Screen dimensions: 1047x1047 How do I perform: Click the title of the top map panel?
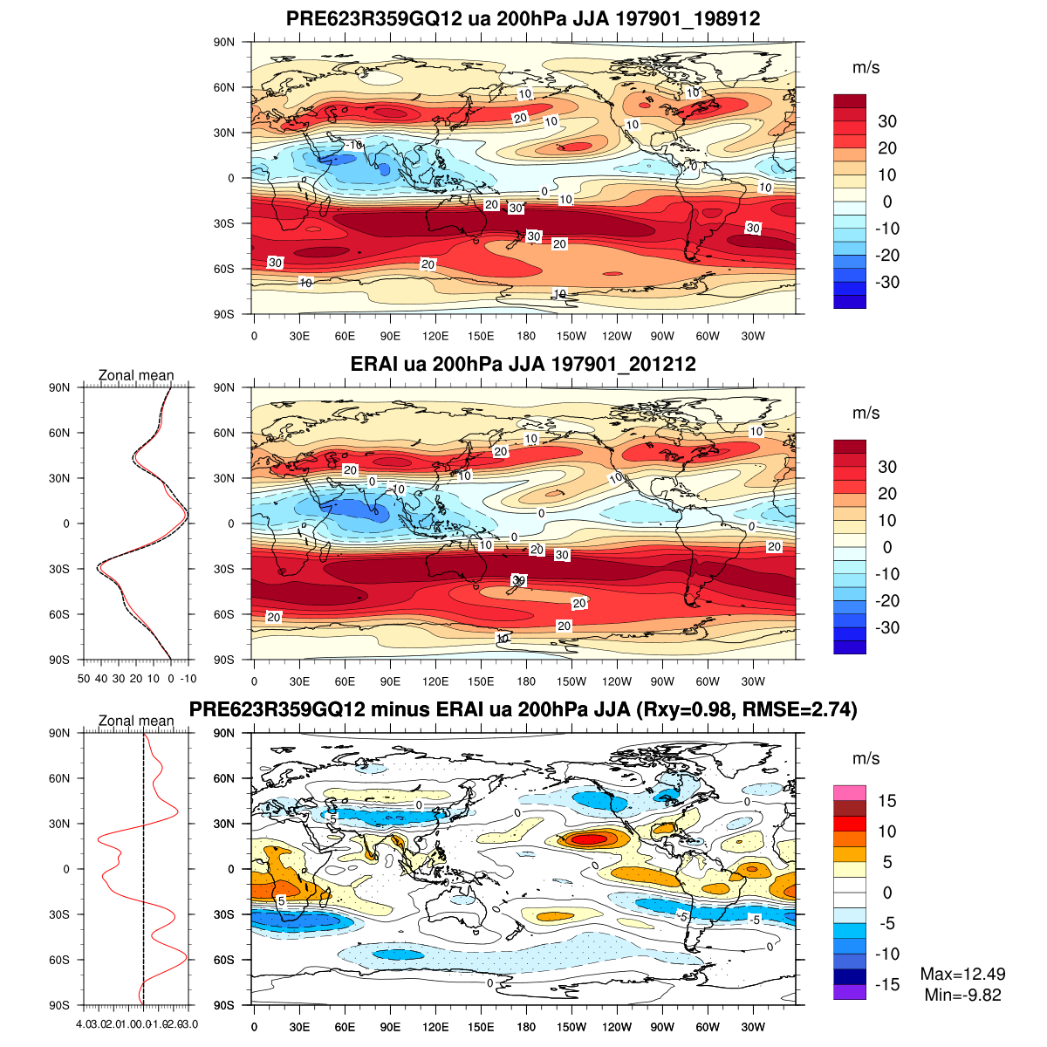[x=523, y=19]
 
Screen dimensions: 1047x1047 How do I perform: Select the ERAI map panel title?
[x=523, y=364]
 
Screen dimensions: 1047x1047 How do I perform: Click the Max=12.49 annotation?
[x=962, y=974]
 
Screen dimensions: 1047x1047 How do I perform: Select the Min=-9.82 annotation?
[x=962, y=995]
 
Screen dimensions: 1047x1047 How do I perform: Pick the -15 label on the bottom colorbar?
[x=886, y=984]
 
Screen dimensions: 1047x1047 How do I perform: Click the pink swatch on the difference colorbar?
[x=850, y=793]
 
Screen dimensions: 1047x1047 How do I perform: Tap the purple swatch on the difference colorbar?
[x=850, y=991]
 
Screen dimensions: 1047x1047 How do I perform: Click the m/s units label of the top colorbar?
[x=866, y=67]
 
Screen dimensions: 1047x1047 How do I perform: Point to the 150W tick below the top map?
[x=571, y=337]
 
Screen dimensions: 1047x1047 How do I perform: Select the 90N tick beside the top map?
[x=224, y=42]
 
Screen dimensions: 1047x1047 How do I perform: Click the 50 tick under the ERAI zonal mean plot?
[x=84, y=678]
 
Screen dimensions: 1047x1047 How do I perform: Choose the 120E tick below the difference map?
[x=435, y=1027]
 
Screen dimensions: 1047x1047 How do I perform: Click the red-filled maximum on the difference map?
[x=587, y=839]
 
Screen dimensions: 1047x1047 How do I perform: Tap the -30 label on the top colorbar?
[x=886, y=282]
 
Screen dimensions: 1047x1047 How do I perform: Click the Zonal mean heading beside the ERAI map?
[x=136, y=375]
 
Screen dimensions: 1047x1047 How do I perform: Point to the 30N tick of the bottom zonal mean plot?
[x=60, y=824]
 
